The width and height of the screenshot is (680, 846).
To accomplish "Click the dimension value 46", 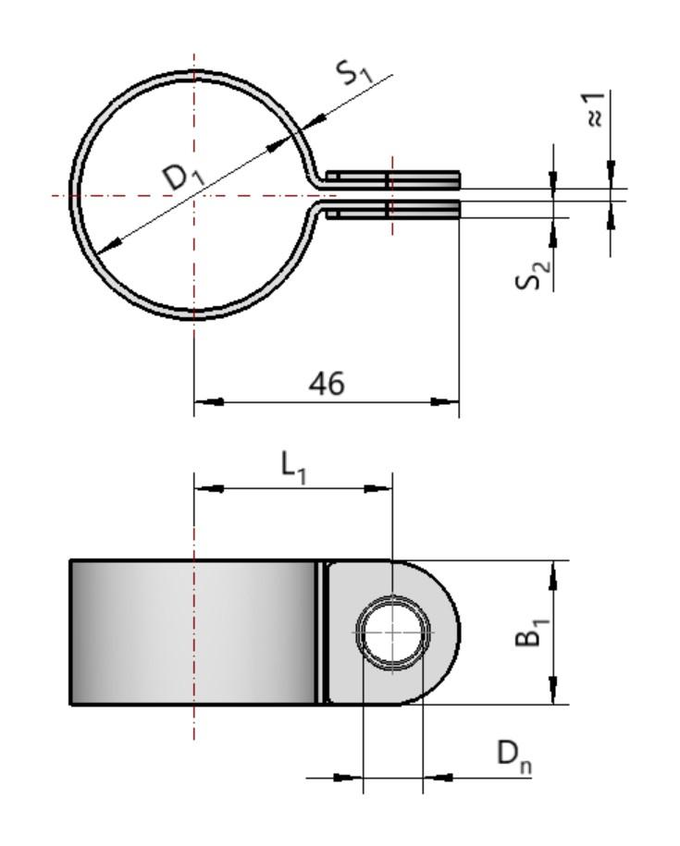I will [325, 383].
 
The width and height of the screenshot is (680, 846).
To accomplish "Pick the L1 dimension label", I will [294, 469].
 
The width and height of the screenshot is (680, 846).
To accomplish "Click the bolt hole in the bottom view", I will [394, 632].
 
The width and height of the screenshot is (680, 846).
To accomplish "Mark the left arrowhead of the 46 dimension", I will [207, 401].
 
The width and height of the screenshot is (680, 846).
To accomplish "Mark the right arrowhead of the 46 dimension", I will [446, 401].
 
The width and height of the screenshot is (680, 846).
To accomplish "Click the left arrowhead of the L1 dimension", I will [207, 487].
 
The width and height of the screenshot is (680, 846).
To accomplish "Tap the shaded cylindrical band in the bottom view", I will [194, 632].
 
